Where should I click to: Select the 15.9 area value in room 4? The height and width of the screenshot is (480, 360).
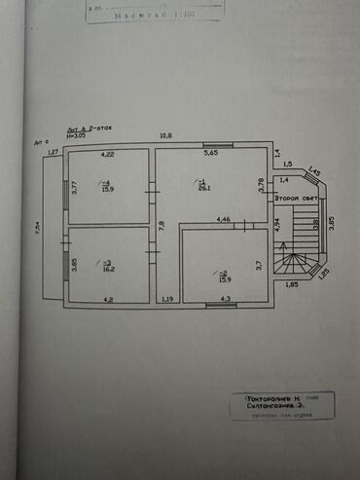(106, 189)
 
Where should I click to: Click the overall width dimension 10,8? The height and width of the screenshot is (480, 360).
(165, 135)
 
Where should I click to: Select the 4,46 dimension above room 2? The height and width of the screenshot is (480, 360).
(223, 220)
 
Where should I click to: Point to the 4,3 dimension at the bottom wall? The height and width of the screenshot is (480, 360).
(224, 299)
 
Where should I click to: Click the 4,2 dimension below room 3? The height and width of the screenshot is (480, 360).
(109, 299)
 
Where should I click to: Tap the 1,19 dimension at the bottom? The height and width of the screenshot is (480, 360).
(167, 299)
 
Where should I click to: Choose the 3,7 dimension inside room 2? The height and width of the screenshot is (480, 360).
(259, 263)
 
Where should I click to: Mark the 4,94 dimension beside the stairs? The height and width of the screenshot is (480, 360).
(276, 224)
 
